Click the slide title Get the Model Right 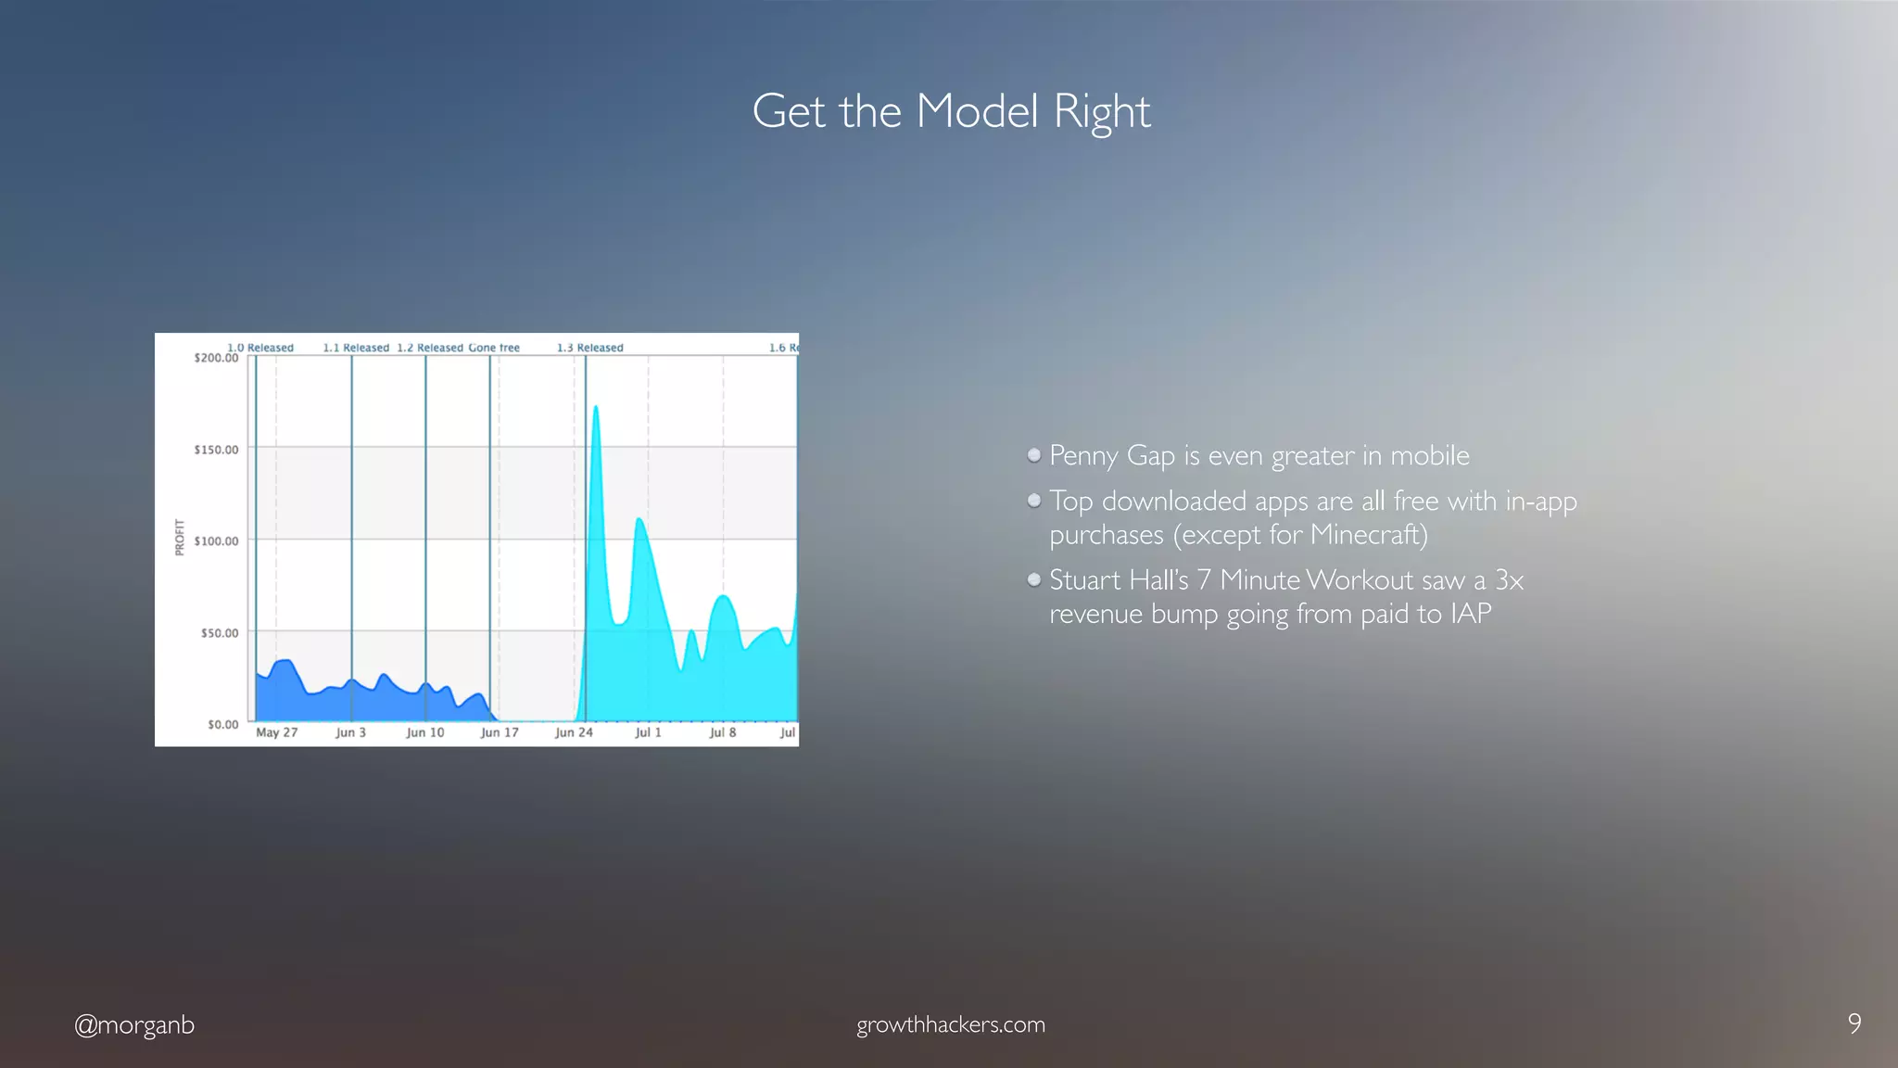click(950, 111)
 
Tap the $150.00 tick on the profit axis click(216, 450)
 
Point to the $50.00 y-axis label click(220, 633)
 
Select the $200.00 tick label click(216, 358)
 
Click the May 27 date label click(276, 732)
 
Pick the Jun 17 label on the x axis click(499, 732)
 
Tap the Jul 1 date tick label click(648, 732)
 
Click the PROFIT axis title click(180, 538)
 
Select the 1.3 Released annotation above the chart click(589, 348)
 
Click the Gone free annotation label click(494, 348)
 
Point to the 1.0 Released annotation click(260, 348)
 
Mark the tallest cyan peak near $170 click(595, 408)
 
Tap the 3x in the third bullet click(1509, 580)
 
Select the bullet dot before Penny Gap click(1034, 455)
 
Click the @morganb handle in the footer click(134, 1024)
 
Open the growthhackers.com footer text click(950, 1024)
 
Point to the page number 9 click(1854, 1023)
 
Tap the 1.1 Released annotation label click(356, 348)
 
